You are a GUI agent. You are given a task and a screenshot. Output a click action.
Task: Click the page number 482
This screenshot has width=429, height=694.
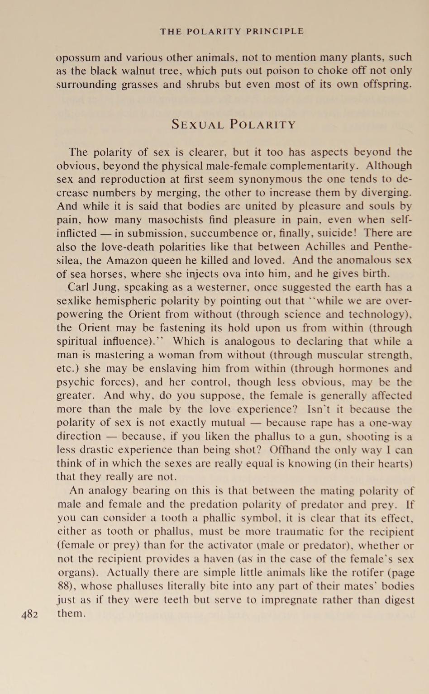29,614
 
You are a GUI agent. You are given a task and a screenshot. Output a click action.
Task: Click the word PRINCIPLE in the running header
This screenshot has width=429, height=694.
274,31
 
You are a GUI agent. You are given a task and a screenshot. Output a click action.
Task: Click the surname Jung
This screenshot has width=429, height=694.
112,287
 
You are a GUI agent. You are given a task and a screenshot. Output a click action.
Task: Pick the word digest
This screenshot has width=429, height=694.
396,600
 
